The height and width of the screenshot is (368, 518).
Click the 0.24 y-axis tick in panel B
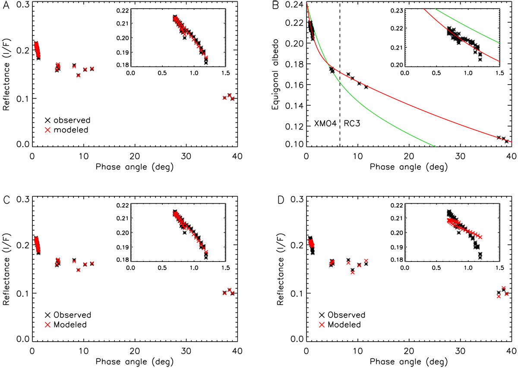coord(294,5)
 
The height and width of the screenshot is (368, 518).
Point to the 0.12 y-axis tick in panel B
coord(294,126)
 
